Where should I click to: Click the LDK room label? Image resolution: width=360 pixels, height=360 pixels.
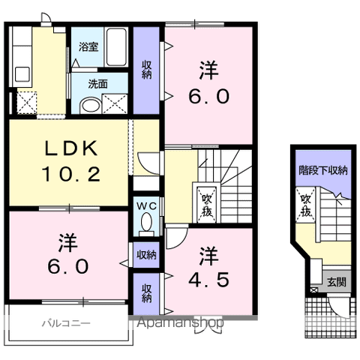[71, 148]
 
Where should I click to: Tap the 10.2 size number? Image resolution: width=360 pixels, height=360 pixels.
[71, 174]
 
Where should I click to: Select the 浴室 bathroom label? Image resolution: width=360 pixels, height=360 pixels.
[88, 46]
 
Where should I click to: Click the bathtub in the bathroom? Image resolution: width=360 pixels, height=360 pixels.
[116, 47]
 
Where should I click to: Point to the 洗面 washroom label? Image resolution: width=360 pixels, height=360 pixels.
[97, 84]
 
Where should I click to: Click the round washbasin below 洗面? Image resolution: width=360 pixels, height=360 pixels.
[91, 106]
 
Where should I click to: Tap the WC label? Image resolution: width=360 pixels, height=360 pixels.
[147, 206]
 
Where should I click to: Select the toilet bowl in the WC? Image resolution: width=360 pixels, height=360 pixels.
[146, 222]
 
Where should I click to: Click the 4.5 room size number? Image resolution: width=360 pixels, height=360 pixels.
[208, 279]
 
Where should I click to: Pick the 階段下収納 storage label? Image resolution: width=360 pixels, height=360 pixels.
[323, 170]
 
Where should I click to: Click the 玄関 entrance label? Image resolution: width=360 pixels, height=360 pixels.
[337, 282]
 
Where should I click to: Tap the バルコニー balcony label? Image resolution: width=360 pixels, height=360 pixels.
[66, 323]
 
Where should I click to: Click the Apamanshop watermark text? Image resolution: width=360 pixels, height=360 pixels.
[180, 322]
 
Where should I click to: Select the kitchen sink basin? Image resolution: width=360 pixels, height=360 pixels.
[22, 74]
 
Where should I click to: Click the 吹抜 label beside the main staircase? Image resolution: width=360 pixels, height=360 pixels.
[207, 205]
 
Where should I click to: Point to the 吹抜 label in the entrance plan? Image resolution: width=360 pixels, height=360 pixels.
[305, 205]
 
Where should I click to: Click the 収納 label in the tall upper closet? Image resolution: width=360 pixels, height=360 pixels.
[147, 70]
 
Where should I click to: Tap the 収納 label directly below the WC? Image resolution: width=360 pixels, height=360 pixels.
[146, 255]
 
